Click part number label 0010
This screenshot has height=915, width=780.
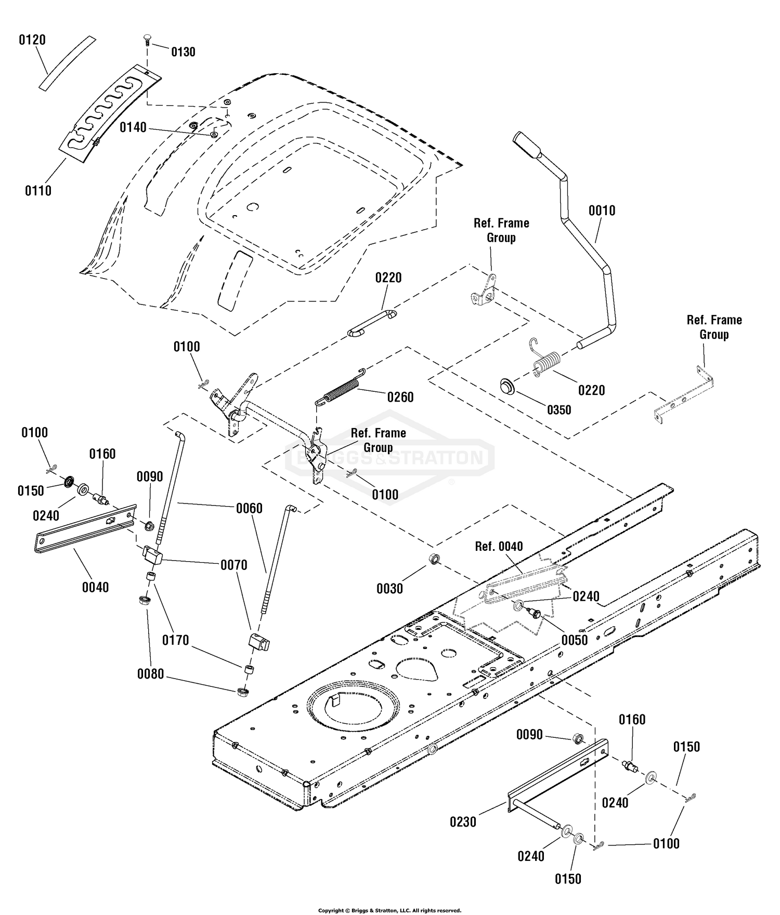602,210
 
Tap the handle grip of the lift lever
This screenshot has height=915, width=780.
527,145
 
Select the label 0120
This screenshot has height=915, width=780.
32,40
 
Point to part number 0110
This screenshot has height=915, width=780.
38,191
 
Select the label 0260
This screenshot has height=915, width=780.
400,397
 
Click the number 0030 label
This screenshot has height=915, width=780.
389,588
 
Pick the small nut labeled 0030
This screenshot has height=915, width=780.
434,560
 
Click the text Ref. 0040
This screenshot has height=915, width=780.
499,546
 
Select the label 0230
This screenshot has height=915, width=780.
463,822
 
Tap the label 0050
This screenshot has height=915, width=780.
575,640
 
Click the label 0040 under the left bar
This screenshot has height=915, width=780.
96,587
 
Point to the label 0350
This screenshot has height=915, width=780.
559,409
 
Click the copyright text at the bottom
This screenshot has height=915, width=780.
389,910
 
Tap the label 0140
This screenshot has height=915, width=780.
133,127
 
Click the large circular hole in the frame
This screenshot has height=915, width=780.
352,708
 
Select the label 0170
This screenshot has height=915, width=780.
176,640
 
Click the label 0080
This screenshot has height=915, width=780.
151,674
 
